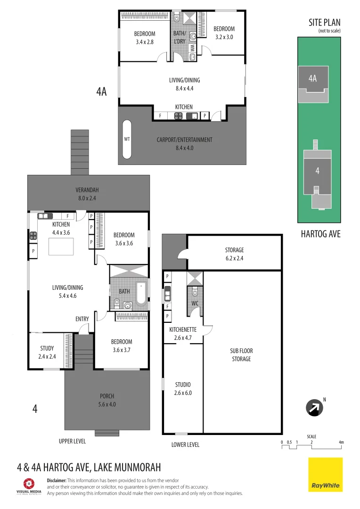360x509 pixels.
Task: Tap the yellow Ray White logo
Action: (326, 475)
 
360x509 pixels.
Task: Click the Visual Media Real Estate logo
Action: (29, 486)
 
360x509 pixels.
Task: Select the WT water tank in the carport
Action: (127, 140)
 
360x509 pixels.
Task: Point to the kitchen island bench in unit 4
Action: (61, 246)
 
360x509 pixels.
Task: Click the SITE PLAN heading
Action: (324, 23)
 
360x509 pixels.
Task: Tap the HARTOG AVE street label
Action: (320, 234)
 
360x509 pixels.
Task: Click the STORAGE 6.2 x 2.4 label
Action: (234, 254)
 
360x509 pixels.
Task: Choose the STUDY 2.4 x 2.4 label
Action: (47, 353)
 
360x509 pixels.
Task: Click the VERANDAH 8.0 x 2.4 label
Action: (87, 194)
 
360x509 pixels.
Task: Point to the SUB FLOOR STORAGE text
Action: (240, 355)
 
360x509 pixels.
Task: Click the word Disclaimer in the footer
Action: (57, 480)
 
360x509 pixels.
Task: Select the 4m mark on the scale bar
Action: (341, 442)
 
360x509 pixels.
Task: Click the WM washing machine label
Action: (192, 48)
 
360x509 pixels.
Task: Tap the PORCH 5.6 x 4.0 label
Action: (107, 400)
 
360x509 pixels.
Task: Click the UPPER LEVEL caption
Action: (72, 441)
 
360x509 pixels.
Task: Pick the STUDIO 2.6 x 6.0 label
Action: (183, 389)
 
